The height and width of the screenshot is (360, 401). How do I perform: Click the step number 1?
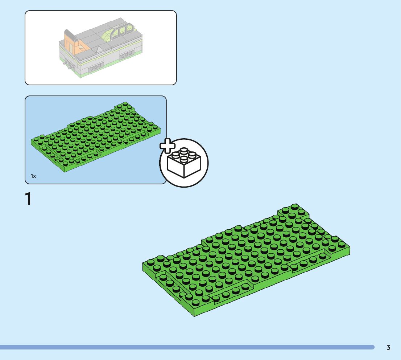coord(28,199)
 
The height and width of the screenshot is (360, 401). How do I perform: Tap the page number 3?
coord(388,348)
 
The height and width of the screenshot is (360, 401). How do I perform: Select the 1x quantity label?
coord(33,176)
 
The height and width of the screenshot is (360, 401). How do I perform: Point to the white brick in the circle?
coord(184,163)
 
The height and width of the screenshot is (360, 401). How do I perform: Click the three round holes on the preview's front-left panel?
coord(96,67)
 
